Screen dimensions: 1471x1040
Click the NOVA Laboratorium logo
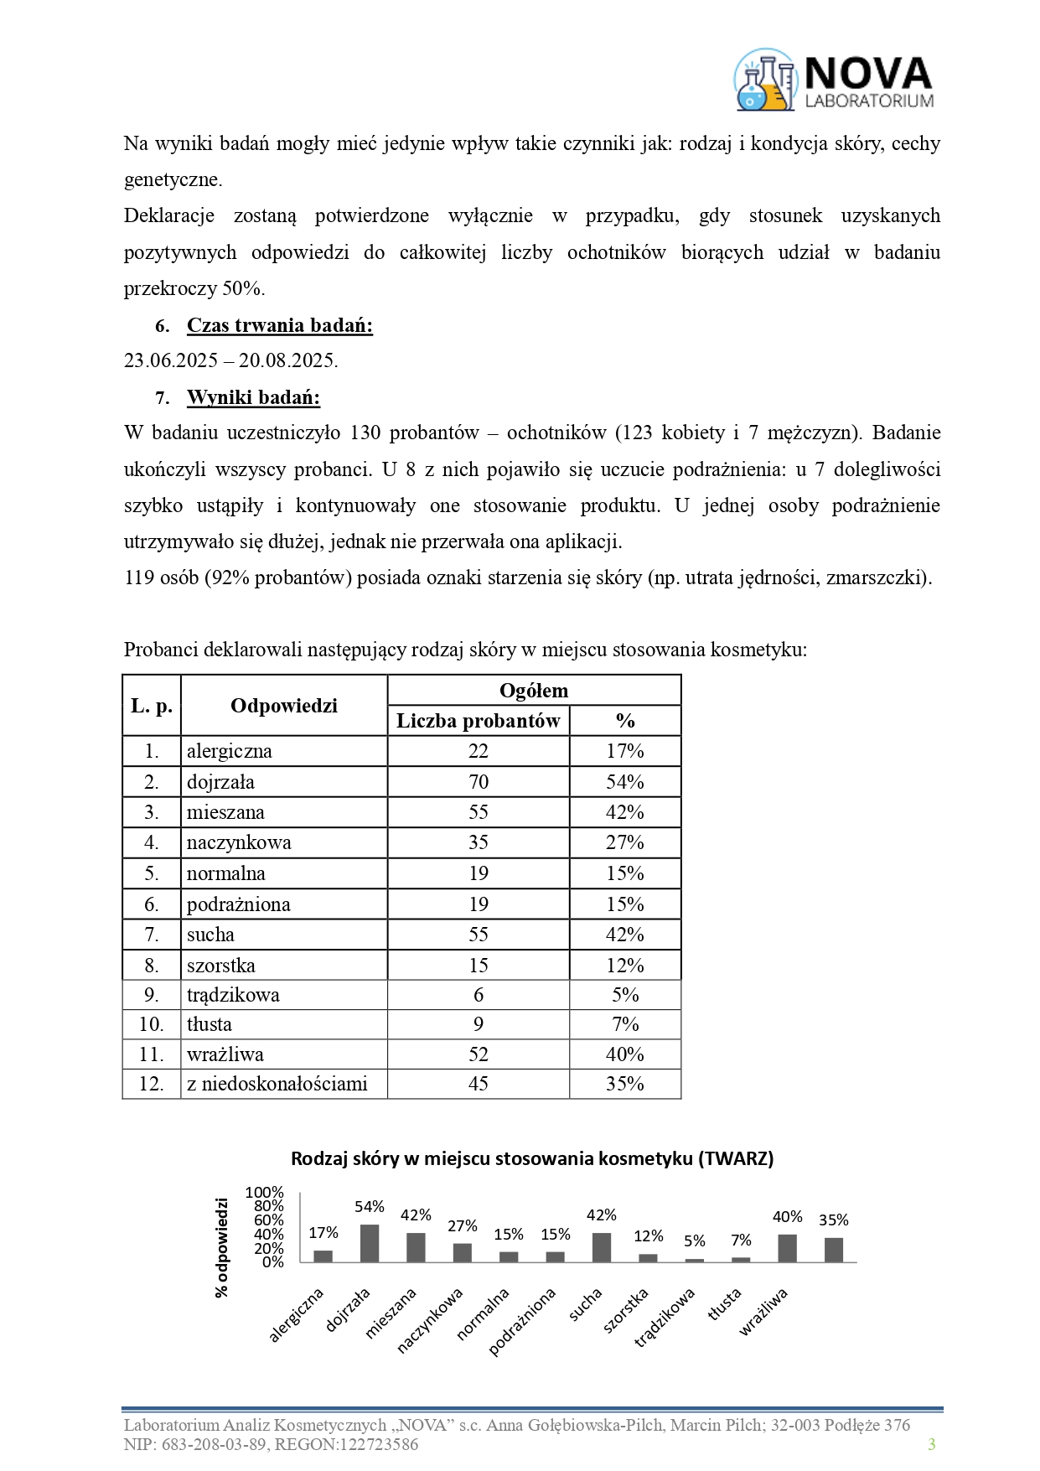point(834,80)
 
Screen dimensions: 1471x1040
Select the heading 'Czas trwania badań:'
point(279,325)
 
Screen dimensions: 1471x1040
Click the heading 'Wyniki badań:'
point(253,397)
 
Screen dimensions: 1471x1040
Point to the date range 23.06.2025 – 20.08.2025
point(230,361)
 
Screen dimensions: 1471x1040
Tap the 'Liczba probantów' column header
point(478,721)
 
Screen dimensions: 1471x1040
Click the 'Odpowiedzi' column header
point(283,706)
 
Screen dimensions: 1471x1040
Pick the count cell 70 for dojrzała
point(478,782)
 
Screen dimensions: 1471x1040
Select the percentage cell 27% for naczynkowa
point(624,842)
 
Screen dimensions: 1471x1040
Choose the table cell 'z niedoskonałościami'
point(277,1084)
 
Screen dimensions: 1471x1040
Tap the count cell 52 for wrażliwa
point(478,1054)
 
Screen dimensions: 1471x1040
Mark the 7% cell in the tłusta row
point(624,1024)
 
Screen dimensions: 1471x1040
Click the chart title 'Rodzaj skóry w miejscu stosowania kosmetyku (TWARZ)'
point(532,1159)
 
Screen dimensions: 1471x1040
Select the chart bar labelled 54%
point(370,1244)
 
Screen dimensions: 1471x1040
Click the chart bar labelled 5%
point(695,1260)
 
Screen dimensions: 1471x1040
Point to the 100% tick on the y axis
point(265,1193)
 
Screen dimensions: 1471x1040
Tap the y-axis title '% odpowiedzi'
point(222,1247)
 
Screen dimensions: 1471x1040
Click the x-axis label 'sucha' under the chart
point(586,1305)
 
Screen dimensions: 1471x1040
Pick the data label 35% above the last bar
point(834,1220)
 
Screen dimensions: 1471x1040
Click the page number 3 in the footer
point(931,1444)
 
